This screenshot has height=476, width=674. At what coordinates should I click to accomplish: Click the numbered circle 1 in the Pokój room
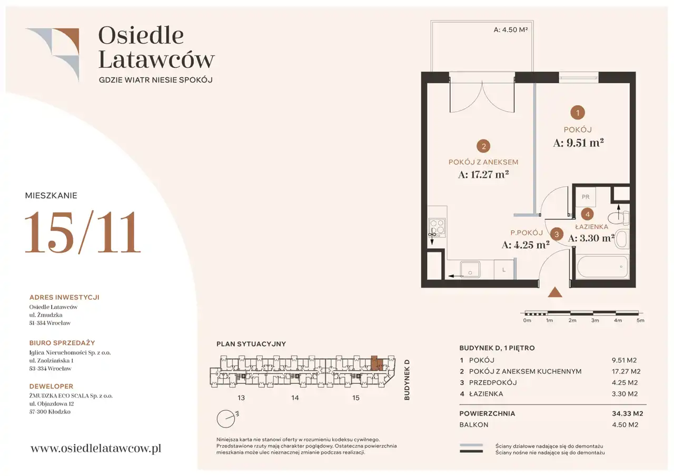point(578,113)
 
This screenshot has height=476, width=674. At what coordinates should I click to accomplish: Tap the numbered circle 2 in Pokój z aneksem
point(483,146)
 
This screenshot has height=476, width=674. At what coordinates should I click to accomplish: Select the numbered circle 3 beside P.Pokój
point(557,234)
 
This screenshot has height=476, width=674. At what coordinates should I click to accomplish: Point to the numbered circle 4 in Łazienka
point(587,214)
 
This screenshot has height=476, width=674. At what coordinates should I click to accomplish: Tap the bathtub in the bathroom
point(601,267)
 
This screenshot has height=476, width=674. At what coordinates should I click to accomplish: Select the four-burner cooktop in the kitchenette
point(437,228)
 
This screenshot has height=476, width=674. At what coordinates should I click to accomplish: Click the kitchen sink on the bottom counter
point(470,269)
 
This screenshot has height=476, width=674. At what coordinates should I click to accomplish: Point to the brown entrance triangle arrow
point(555,292)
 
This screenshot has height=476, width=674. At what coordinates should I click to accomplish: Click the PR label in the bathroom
point(586,197)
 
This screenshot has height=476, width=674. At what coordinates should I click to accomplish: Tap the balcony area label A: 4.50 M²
point(511,30)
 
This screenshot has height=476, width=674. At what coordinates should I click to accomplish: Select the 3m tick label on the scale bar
point(595,320)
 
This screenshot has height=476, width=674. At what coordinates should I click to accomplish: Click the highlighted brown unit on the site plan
point(376,363)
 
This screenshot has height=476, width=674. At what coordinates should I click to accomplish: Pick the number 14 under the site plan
point(295,398)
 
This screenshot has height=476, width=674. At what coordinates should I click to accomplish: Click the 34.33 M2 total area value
point(627,413)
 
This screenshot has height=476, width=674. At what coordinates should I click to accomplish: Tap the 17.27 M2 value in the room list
point(626,371)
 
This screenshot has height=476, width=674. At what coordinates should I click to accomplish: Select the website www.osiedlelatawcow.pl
point(96,449)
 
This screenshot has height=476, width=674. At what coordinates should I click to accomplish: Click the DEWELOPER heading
point(51,386)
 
